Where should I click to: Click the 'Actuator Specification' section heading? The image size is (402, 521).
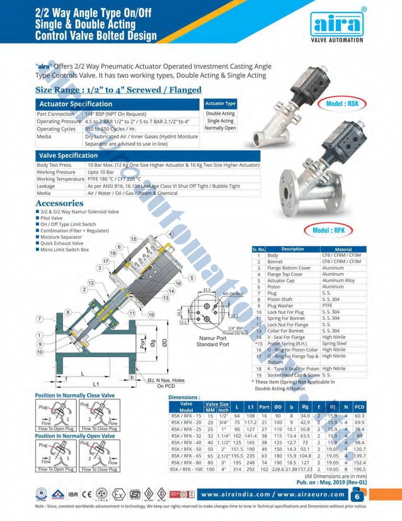click(76, 103)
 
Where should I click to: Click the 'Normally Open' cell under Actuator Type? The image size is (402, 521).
click(220, 128)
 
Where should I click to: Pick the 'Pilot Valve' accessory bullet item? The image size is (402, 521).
click(51, 218)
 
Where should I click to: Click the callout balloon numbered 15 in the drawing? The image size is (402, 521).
click(134, 239)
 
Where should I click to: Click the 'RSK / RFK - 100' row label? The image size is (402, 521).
click(187, 469)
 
